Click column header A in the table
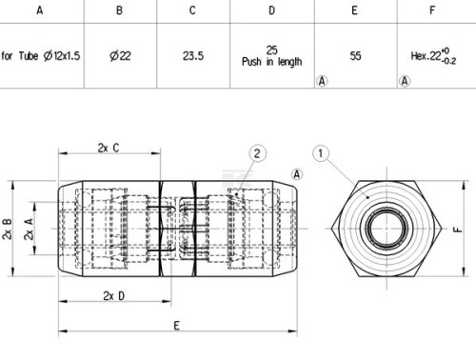coord(40,10)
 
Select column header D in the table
coord(272,10)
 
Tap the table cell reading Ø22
coord(120,56)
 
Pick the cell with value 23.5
coord(193,56)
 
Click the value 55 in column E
coord(355,56)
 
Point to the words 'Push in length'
coord(272,62)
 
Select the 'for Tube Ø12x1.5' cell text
coord(40,56)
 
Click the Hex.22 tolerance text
coord(433,56)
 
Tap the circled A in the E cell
coord(322,81)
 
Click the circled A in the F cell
coord(405,81)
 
